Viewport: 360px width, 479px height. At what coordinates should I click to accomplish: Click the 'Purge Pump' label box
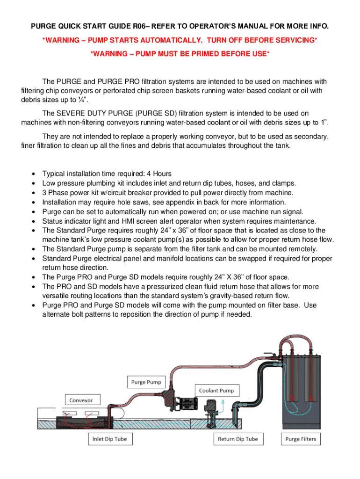point(146,382)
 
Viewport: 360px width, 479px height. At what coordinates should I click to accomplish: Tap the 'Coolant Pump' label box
point(216,390)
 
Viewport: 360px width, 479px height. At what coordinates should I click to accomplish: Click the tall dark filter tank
point(301,384)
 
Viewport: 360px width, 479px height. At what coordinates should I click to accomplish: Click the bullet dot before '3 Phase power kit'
point(33,193)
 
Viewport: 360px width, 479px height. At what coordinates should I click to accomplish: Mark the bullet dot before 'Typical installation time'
point(33,174)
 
